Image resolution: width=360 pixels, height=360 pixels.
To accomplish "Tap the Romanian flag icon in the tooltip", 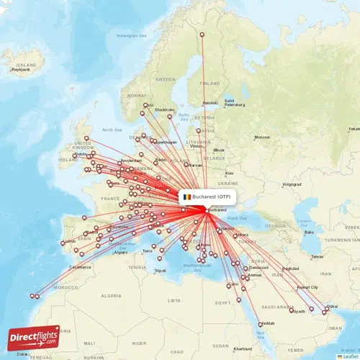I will tap(187, 196).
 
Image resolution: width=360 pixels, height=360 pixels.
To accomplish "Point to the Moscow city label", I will tap(261, 137).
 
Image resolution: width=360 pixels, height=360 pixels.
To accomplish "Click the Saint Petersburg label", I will tap(235, 103).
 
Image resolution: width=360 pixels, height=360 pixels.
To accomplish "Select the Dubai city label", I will tap(331, 307).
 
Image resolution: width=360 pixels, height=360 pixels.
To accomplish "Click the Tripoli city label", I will tap(161, 271).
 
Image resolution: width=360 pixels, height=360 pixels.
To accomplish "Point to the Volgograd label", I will tap(292, 184).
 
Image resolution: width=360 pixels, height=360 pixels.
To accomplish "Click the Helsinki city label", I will tap(210, 102).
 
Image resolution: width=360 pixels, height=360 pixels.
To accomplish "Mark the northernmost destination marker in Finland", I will tap(202, 34).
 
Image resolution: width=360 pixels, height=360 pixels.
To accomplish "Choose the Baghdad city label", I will tap(290, 268).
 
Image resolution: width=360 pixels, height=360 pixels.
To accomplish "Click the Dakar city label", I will tap(24, 354).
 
